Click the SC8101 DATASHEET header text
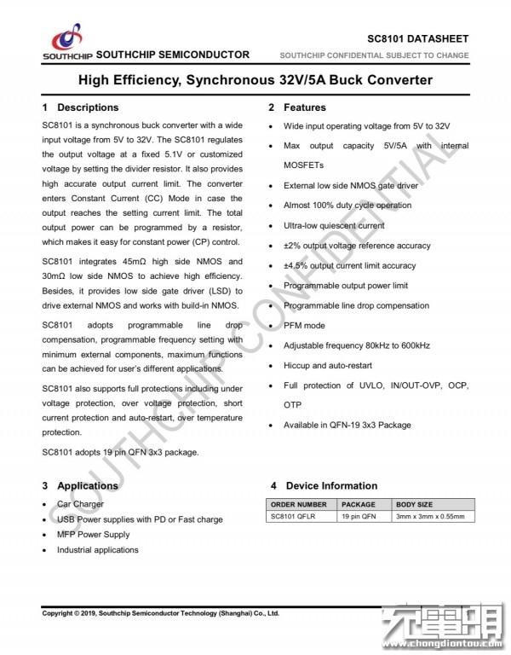(417, 39)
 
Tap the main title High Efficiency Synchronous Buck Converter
(255, 80)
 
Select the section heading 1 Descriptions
(81, 107)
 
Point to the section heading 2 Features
(297, 107)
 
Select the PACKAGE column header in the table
(358, 505)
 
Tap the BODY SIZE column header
(415, 505)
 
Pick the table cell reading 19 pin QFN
(359, 517)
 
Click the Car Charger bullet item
(81, 505)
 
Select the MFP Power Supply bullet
(94, 535)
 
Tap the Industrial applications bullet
(98, 550)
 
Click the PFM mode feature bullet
(304, 325)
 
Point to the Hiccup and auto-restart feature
(326, 365)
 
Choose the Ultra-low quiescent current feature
(334, 225)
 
